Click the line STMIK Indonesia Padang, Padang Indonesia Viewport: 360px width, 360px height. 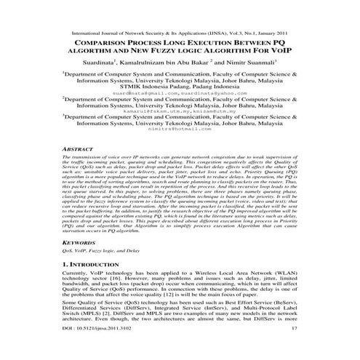178,86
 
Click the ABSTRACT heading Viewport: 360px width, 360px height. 75,148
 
